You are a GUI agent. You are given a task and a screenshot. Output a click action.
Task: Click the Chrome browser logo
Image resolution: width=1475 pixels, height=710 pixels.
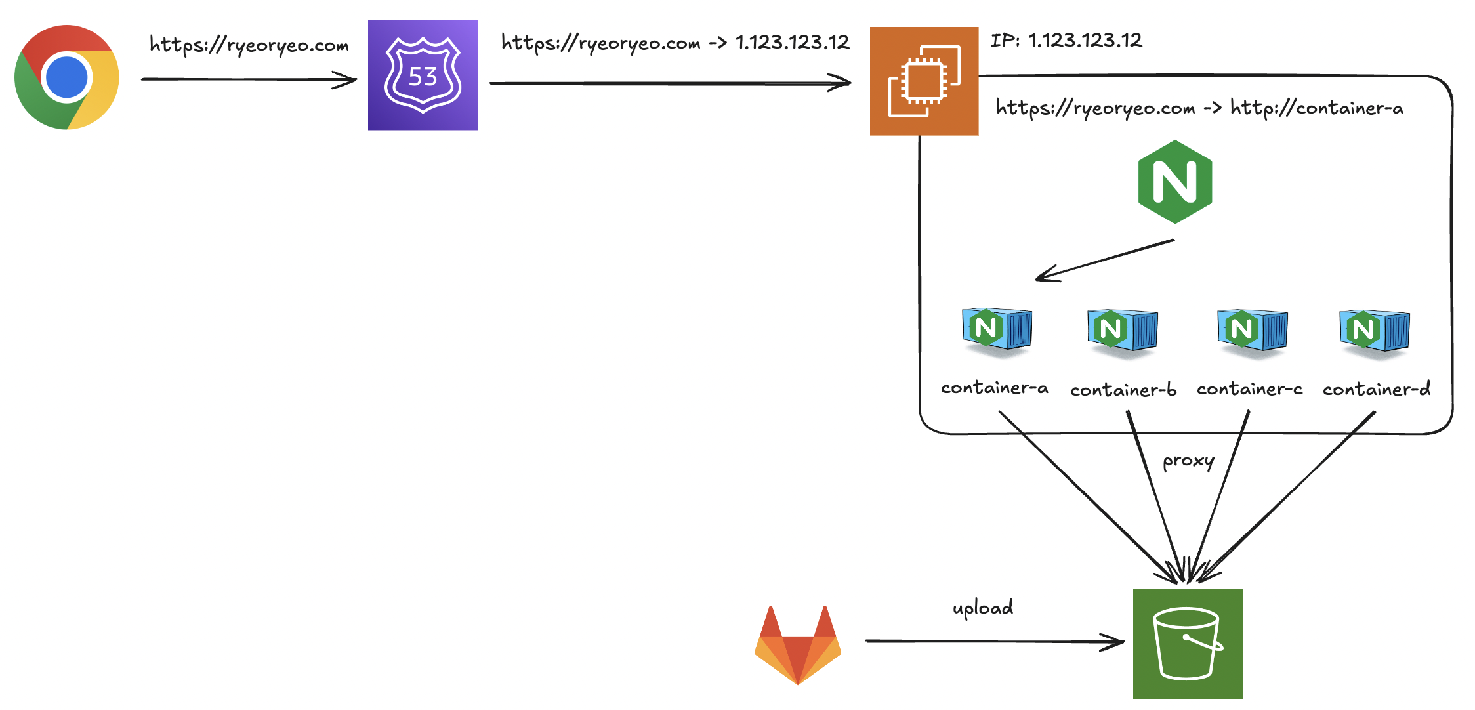pyautogui.click(x=67, y=77)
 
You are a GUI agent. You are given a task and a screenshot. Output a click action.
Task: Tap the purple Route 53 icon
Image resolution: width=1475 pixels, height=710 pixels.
pyautogui.click(x=423, y=75)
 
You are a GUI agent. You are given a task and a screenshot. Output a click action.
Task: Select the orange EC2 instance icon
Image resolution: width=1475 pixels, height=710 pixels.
pyautogui.click(x=924, y=81)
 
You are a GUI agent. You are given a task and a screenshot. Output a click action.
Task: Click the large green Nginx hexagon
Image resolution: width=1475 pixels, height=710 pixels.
pyautogui.click(x=1174, y=182)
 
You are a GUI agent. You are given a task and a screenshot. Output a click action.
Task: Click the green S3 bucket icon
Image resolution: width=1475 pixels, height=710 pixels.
pyautogui.click(x=1188, y=644)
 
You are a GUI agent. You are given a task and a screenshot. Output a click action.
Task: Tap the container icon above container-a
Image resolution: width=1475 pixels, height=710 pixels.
pyautogui.click(x=997, y=330)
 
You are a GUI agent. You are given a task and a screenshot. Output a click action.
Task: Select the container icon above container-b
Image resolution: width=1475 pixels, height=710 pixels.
pyautogui.click(x=1122, y=331)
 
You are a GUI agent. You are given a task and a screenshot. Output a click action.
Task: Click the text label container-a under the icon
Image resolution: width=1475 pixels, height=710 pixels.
pyautogui.click(x=994, y=388)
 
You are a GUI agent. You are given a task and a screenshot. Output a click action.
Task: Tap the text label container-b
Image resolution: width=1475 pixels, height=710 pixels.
pyautogui.click(x=1123, y=390)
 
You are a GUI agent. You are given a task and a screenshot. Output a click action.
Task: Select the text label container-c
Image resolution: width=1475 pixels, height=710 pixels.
pyautogui.click(x=1249, y=389)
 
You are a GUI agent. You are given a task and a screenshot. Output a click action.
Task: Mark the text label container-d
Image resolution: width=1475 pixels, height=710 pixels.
pyautogui.click(x=1376, y=389)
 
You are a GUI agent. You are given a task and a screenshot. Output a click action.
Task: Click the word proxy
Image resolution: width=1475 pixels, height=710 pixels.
pyautogui.click(x=1188, y=461)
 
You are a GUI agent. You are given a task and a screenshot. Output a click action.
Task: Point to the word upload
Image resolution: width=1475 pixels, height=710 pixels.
pyautogui.click(x=983, y=608)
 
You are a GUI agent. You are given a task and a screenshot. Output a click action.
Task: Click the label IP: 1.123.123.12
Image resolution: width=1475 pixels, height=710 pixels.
pyautogui.click(x=1066, y=41)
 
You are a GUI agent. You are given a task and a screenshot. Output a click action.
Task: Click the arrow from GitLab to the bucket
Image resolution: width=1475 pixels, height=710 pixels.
pyautogui.click(x=994, y=641)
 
